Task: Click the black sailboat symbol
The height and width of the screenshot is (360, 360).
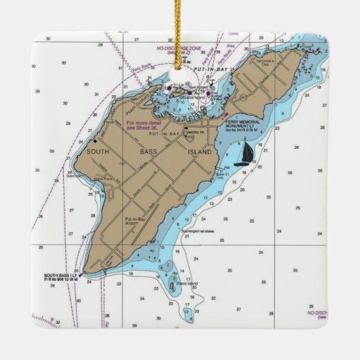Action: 243,156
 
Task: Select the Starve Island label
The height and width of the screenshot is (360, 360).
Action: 187,283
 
